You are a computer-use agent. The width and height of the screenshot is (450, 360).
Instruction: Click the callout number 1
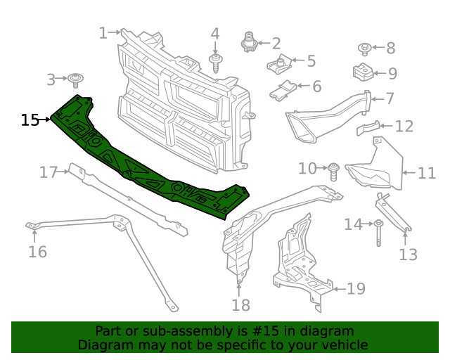tap(103, 32)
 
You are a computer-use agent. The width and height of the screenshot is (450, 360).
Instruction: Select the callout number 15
tap(30, 120)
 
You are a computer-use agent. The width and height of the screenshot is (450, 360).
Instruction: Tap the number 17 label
tap(48, 172)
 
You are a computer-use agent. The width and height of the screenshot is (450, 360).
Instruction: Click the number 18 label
tap(240, 304)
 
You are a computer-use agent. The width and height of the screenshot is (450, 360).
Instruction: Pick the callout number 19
tap(356, 288)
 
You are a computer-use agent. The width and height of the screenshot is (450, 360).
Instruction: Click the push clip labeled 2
tap(249, 42)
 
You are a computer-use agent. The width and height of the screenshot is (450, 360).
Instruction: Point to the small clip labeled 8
tap(365, 49)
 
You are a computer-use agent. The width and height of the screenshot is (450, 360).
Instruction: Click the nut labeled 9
tap(361, 72)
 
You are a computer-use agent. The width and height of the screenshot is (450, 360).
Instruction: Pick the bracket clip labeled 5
tap(281, 66)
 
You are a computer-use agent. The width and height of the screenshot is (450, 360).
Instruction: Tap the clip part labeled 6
tap(284, 90)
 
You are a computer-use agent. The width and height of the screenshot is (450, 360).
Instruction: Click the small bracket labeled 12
tap(368, 129)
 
